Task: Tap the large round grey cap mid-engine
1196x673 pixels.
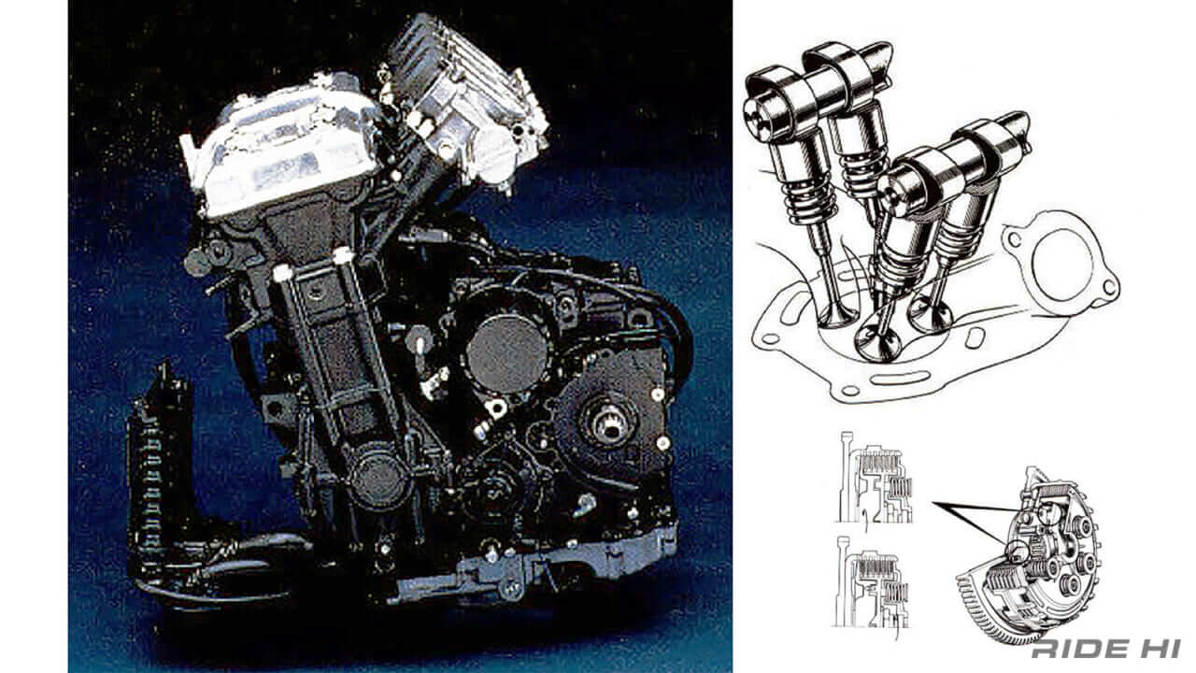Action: pos(506,352)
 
